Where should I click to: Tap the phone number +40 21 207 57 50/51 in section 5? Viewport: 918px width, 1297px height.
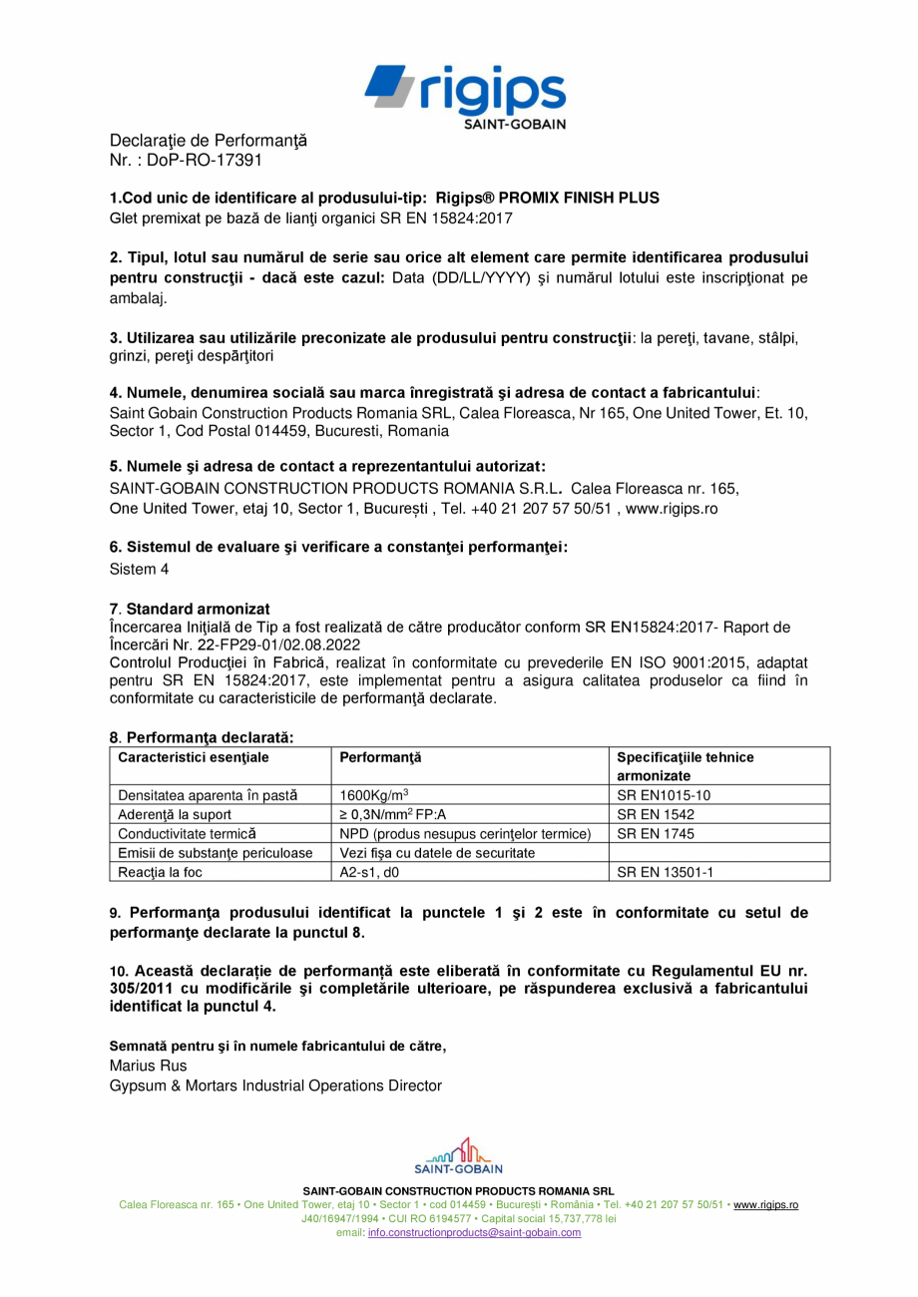click(532, 508)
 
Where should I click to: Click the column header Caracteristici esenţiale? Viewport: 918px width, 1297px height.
click(194, 757)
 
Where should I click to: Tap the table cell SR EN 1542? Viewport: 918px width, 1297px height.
click(656, 814)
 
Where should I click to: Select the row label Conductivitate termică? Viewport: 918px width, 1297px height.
click(187, 833)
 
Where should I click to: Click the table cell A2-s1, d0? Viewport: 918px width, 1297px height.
click(369, 871)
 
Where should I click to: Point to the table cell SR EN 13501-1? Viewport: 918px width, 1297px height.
click(665, 871)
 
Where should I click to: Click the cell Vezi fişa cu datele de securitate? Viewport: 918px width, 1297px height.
click(438, 852)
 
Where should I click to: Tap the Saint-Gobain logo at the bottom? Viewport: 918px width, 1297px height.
click(458, 1155)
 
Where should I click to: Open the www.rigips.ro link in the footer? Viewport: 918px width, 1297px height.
click(765, 1204)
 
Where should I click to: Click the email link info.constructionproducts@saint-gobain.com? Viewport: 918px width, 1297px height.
click(474, 1232)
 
